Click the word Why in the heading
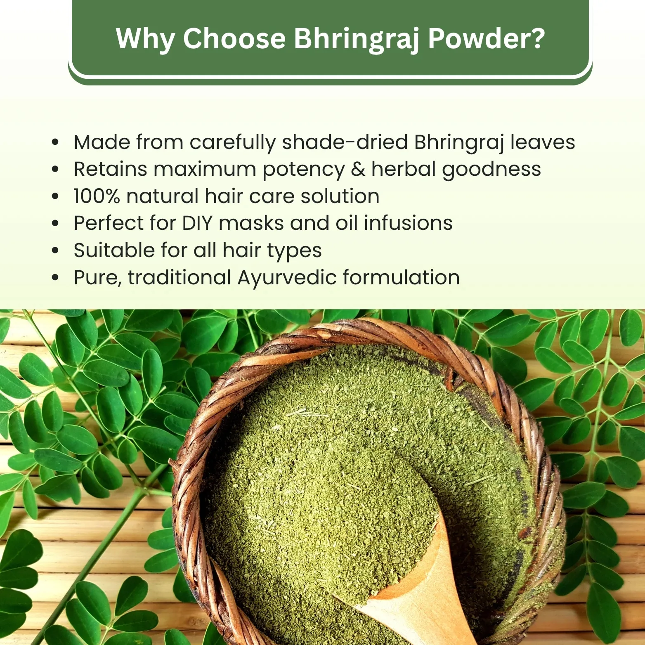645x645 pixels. click(x=145, y=39)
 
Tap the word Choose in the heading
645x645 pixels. click(x=234, y=38)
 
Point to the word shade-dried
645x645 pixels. click(x=345, y=142)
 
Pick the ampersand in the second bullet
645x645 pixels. click(x=358, y=169)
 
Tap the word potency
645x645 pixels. click(x=304, y=170)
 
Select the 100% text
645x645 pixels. click(x=97, y=196)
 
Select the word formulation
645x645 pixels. click(x=401, y=277)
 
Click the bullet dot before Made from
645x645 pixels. click(x=56, y=142)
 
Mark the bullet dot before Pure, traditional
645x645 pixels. click(x=56, y=278)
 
